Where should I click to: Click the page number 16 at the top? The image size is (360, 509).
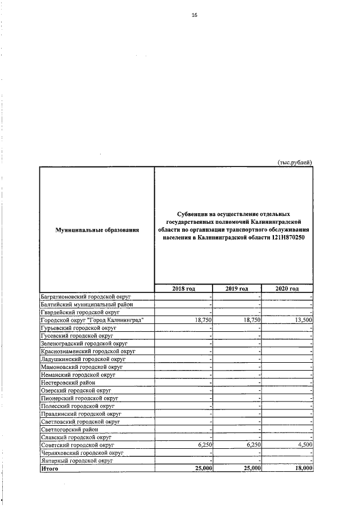[195, 15]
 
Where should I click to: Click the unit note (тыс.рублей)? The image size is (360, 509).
[295, 163]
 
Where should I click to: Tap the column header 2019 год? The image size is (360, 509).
[237, 289]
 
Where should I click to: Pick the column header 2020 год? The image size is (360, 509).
[287, 289]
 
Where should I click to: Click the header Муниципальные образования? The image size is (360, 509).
[97, 229]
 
